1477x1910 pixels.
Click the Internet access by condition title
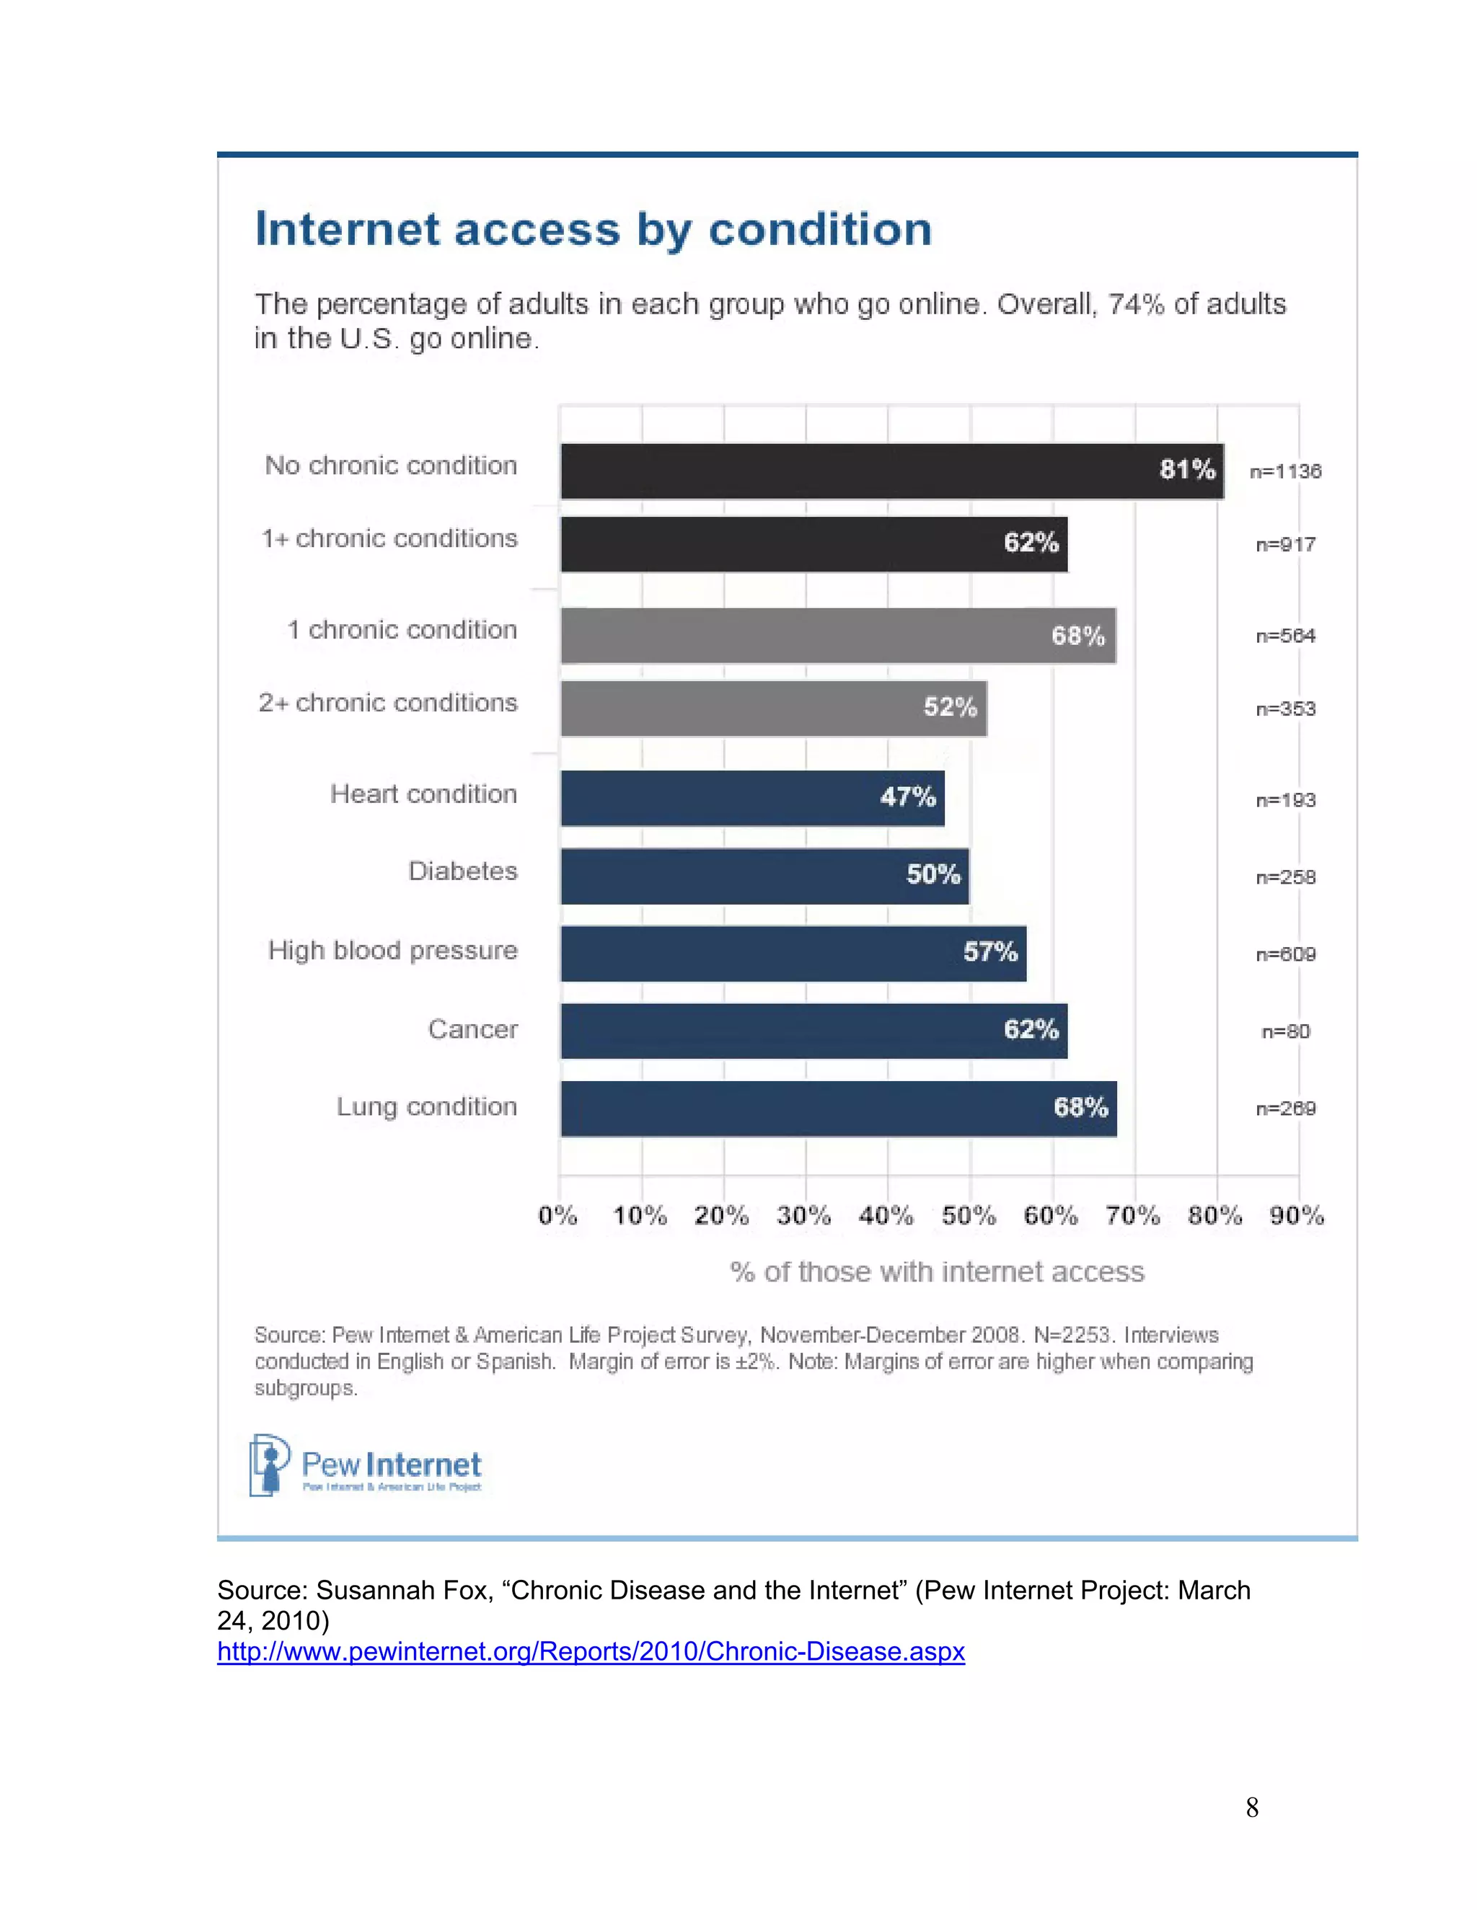tap(594, 229)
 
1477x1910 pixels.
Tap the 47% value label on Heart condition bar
tap(907, 796)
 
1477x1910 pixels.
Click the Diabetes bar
tap(764, 876)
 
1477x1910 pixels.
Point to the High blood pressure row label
tap(392, 951)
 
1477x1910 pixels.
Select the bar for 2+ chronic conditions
tap(774, 708)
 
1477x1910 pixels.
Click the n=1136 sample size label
tap(1284, 471)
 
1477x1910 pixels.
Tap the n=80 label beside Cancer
tap(1285, 1032)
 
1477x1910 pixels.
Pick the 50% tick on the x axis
tap(968, 1216)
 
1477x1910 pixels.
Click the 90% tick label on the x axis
tap(1297, 1216)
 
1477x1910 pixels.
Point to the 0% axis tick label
tap(557, 1216)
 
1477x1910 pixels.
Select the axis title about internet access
tap(936, 1271)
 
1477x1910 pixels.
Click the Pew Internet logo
tap(366, 1466)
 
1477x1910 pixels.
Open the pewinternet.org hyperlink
tap(591, 1651)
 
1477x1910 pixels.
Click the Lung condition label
tap(426, 1107)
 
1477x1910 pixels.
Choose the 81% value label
tap(1186, 470)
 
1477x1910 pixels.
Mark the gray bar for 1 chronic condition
tap(837, 636)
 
